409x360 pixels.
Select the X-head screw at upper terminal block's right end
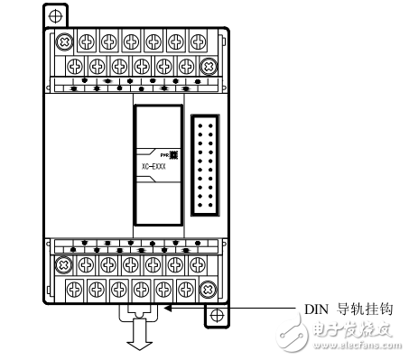pyautogui.click(x=207, y=65)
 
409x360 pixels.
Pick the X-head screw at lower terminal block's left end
pyautogui.click(x=63, y=265)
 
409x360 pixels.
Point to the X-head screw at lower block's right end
pyautogui.click(x=207, y=289)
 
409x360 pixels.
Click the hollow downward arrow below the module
pyautogui.click(x=136, y=338)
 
